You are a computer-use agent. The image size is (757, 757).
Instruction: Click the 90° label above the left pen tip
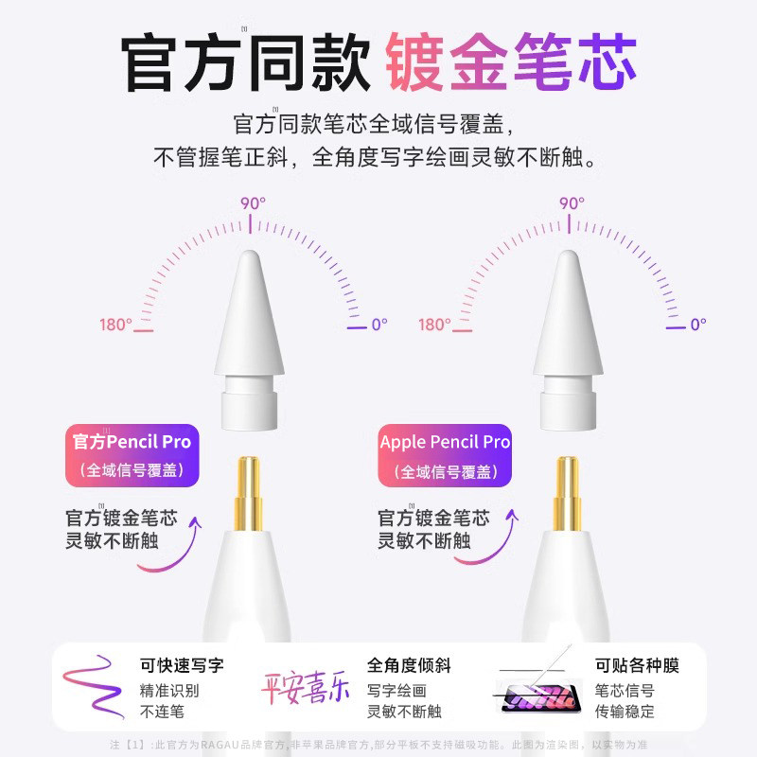coord(252,202)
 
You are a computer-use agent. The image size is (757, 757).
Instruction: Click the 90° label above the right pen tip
coord(571,202)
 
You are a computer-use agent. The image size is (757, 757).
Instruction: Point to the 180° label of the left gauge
coord(115,325)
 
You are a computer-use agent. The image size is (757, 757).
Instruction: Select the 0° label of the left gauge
coord(378,325)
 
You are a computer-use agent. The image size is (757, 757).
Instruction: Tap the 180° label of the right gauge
coord(434,325)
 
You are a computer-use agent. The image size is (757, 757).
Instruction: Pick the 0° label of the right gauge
coord(697,325)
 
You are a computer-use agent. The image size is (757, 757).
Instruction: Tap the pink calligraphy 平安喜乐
coord(305,685)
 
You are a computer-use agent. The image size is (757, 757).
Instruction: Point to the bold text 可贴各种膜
coord(637,666)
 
